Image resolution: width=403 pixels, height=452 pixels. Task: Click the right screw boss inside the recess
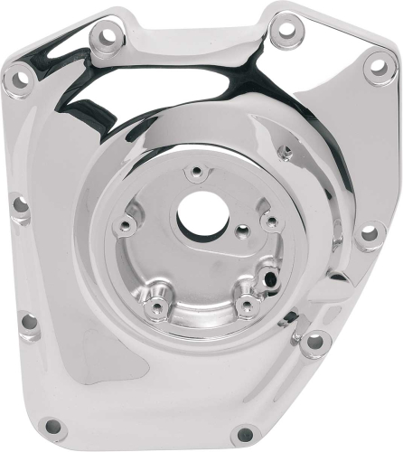(x=267, y=220)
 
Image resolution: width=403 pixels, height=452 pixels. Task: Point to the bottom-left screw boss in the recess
(x=157, y=309)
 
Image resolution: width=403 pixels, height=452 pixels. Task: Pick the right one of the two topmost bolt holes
(x=286, y=29)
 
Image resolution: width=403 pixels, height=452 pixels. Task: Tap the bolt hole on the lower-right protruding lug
(x=314, y=342)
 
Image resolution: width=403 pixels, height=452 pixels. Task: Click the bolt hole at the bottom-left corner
(x=52, y=425)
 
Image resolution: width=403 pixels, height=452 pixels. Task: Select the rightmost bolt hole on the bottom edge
(x=244, y=434)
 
